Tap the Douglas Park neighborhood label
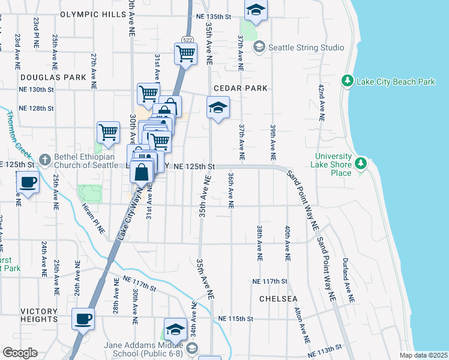point(53,77)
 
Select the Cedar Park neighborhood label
point(240,88)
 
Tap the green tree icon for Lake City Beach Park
point(347,80)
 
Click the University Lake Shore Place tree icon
point(360,163)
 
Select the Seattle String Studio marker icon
point(259,47)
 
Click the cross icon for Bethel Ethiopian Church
point(44,160)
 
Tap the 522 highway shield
point(187,40)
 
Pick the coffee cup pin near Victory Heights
point(83,318)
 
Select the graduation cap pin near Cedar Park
point(218,107)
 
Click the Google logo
point(20,353)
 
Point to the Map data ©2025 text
point(423,355)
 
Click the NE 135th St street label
point(214,17)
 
